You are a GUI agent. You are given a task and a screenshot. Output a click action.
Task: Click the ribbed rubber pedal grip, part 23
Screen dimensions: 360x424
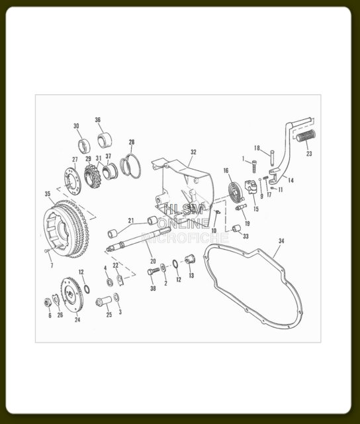[x=306, y=136]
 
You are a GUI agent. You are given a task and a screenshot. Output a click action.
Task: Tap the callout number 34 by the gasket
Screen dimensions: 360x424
[x=281, y=240]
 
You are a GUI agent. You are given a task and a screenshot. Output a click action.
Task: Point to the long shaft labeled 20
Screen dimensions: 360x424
[x=138, y=238]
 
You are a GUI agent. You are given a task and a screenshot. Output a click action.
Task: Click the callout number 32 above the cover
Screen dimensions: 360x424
[x=193, y=152]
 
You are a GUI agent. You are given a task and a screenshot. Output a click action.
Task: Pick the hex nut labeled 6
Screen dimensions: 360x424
[x=48, y=302]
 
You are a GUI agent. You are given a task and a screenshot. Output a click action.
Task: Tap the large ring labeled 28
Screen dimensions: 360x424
[x=130, y=166]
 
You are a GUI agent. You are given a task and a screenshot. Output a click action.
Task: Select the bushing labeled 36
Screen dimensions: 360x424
[x=105, y=140]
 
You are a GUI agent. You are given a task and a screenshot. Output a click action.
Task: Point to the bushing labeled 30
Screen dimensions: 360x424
[x=84, y=146]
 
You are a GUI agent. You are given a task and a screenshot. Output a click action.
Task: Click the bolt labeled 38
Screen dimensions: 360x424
[x=154, y=271]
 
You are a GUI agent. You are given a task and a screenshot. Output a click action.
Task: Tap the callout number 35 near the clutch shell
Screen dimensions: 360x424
[x=48, y=194]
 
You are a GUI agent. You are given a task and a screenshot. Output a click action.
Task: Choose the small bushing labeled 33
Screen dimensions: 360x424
[x=236, y=229]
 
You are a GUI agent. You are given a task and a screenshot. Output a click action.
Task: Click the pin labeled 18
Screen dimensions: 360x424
[x=272, y=157]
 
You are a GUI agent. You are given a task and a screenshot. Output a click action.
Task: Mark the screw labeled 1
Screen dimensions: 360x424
[x=254, y=166]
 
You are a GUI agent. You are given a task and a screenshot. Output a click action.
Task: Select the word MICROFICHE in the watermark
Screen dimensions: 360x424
[x=185, y=238]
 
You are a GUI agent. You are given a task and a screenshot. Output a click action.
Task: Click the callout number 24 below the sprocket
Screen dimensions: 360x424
[x=77, y=319]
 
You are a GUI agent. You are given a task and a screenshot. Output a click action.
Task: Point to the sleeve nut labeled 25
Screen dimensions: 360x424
[x=104, y=301]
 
